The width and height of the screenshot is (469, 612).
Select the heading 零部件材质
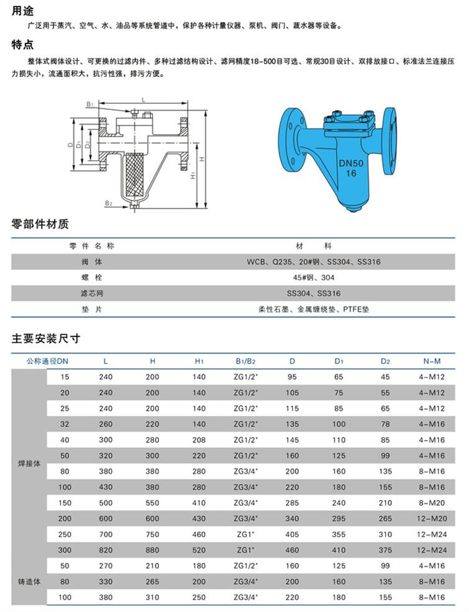[x=40, y=225]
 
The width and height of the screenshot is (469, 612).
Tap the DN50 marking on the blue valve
[x=351, y=163]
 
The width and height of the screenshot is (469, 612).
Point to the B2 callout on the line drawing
[x=108, y=202]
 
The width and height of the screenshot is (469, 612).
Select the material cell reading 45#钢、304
[x=319, y=277]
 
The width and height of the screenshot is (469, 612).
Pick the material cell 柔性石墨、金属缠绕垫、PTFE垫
[x=318, y=308]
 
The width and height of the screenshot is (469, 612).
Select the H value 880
[x=153, y=550]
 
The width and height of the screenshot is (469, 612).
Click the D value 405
[x=292, y=534]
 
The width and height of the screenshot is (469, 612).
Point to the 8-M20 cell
[x=429, y=503]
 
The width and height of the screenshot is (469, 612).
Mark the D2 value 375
[x=385, y=550]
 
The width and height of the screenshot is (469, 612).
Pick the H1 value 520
[x=199, y=550]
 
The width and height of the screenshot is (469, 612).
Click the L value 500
[x=106, y=503]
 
